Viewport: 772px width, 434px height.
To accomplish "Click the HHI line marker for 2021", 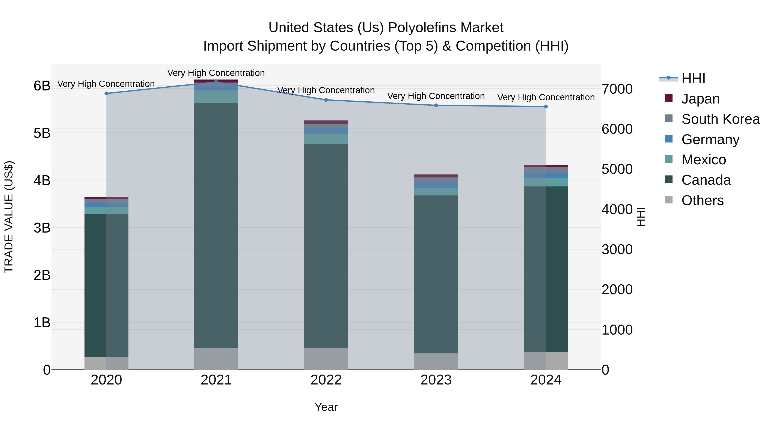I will [216, 82].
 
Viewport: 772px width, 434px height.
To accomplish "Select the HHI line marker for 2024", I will [546, 107].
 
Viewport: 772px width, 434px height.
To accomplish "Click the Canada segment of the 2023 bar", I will [436, 274].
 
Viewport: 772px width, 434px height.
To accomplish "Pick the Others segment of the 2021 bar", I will [216, 359].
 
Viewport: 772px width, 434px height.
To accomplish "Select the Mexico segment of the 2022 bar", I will [326, 139].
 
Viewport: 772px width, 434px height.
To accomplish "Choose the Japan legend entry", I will [700, 99].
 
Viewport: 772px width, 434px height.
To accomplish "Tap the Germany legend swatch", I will [669, 139].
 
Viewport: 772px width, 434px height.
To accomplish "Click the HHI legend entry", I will [693, 78].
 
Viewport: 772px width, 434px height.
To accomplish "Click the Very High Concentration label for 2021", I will [216, 73].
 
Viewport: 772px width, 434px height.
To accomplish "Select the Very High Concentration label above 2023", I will [436, 96].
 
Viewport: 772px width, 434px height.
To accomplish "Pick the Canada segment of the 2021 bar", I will [216, 225].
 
